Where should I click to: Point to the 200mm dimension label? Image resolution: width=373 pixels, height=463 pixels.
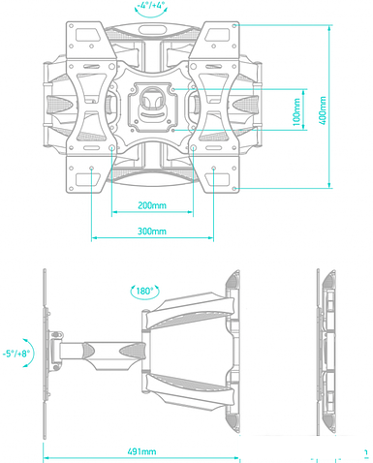coord(150,205)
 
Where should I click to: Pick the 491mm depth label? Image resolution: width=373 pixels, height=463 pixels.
coord(141,452)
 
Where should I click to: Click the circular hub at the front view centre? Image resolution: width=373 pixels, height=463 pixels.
coord(152,100)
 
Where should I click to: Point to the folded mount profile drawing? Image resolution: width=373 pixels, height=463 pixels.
coord(327,353)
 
